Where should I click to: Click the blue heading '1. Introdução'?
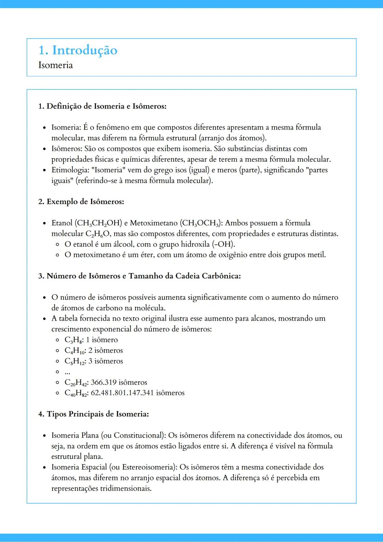tap(78, 50)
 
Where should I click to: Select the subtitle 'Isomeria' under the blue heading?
tap(56, 65)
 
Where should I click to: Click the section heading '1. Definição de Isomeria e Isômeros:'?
tap(102, 106)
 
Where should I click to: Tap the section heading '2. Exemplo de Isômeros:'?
tap(81, 201)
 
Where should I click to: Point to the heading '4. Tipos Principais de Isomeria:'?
tap(94, 414)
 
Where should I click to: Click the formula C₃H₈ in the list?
tap(73, 340)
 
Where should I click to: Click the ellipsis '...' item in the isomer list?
tap(67, 372)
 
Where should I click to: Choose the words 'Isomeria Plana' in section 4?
tap(75, 435)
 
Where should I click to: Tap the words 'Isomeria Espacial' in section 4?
tap(79, 467)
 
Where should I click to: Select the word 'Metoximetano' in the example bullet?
tap(154, 223)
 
